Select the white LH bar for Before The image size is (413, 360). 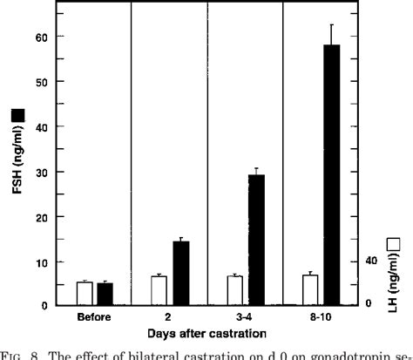(x=85, y=294)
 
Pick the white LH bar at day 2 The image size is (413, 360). (x=160, y=290)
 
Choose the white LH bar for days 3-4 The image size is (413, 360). (x=235, y=290)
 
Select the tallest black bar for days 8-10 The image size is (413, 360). (x=331, y=174)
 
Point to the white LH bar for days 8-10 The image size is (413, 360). (x=310, y=289)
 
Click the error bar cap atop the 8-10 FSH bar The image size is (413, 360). (x=331, y=24)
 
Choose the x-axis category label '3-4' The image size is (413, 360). (x=246, y=317)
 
